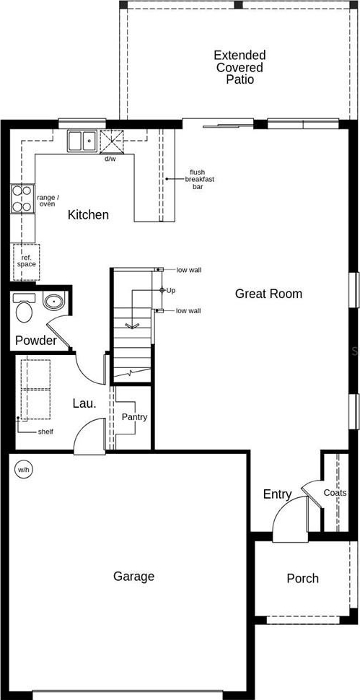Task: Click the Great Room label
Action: (268, 294)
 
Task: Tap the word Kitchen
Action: (88, 215)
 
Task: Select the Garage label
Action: (134, 577)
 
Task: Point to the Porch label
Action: (303, 579)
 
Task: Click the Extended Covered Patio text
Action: (240, 67)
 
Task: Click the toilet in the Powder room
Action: (24, 307)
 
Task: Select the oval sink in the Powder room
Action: (54, 302)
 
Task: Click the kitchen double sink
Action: (82, 141)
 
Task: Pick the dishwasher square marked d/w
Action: (111, 142)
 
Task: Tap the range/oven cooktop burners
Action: (22, 198)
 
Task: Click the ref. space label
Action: (27, 261)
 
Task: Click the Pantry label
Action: (135, 417)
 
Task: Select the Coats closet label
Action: (335, 493)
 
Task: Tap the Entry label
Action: (277, 494)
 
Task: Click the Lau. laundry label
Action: (84, 404)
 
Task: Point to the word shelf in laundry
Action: (45, 432)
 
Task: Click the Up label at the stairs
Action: (171, 291)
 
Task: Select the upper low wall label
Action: (188, 270)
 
